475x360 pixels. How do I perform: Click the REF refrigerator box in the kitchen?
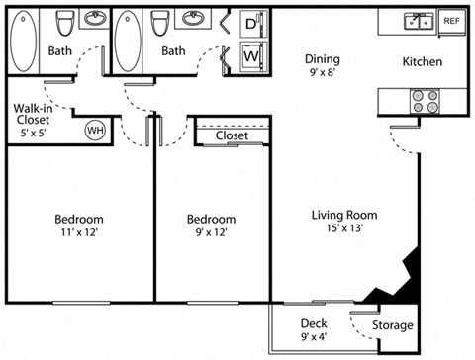point(451,21)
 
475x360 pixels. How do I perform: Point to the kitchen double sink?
point(417,21)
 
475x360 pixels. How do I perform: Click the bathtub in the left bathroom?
point(24,41)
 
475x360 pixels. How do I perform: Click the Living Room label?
point(344,215)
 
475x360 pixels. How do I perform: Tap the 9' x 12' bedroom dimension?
point(212,233)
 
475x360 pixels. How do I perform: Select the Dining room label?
point(323,58)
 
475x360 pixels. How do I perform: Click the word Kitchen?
point(422,62)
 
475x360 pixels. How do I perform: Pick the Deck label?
point(315,323)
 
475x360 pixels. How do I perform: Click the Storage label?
point(393,325)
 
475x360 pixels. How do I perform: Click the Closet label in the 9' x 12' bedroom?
point(232,136)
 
